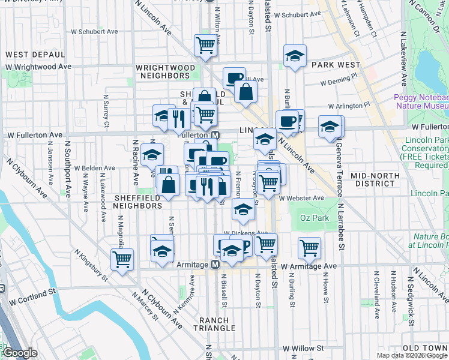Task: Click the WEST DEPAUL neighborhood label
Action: pyautogui.click(x=31, y=55)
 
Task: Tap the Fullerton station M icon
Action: pyautogui.click(x=215, y=136)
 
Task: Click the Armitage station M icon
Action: pyautogui.click(x=214, y=265)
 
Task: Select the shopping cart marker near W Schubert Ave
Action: pyautogui.click(x=205, y=45)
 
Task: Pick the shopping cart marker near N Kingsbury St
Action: pyautogui.click(x=122, y=260)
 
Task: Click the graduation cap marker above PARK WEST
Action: pyautogui.click(x=295, y=56)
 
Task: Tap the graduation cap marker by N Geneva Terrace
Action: pyautogui.click(x=330, y=127)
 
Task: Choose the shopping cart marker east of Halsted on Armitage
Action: pyautogui.click(x=309, y=247)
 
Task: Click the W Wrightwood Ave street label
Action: pyautogui.click(x=38, y=67)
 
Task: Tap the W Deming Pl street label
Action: pyautogui.click(x=339, y=83)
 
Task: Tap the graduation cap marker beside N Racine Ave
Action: pyautogui.click(x=152, y=155)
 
